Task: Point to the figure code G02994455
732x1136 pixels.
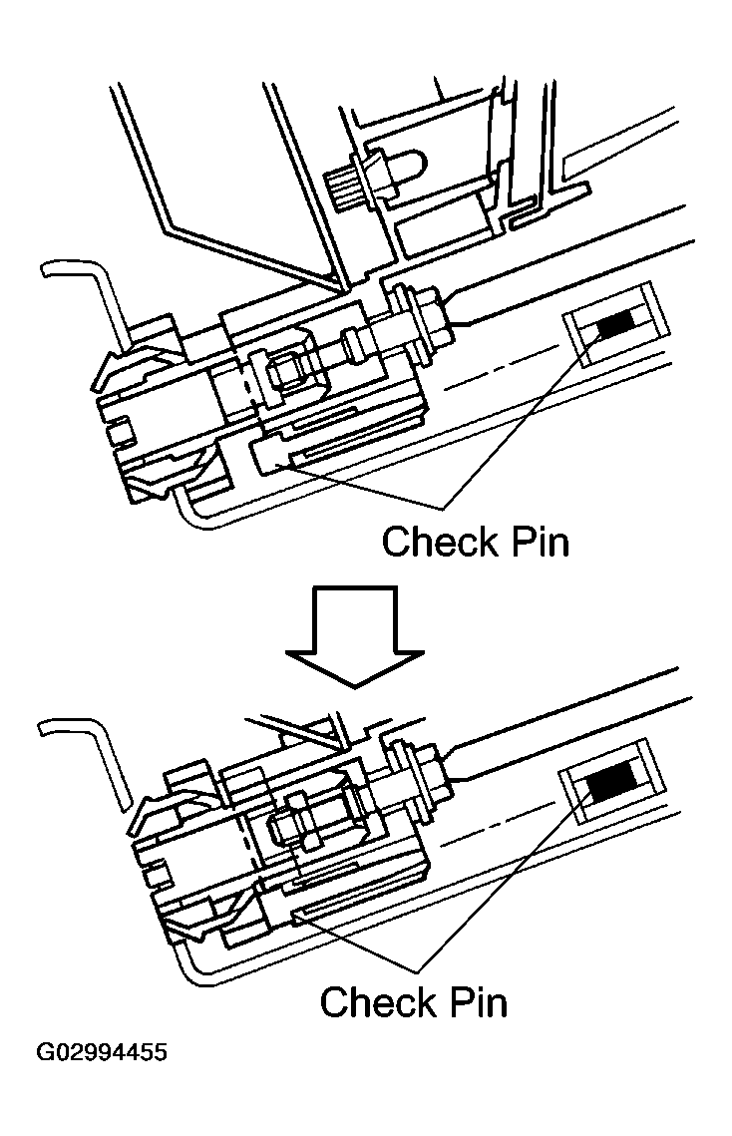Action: pyautogui.click(x=102, y=1053)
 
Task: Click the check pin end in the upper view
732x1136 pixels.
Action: pyautogui.click(x=267, y=459)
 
